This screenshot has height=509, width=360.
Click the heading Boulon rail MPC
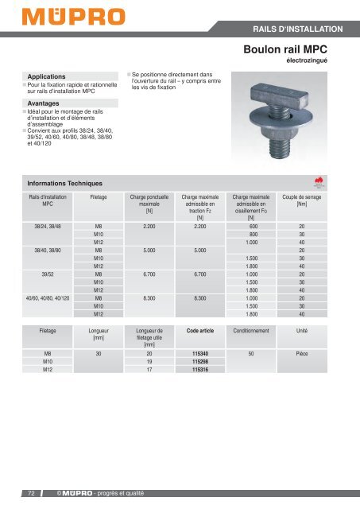[x=296, y=50]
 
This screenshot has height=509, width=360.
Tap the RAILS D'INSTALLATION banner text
[x=297, y=29]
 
